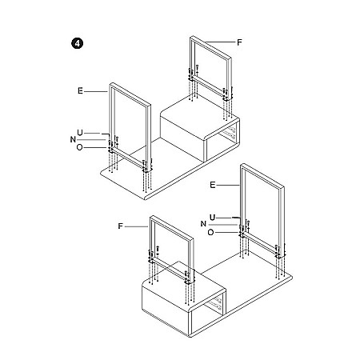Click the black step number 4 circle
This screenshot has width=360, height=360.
pos(77,43)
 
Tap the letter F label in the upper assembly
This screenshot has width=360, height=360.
pos(239,42)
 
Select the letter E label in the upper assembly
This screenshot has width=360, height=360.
pos(80,91)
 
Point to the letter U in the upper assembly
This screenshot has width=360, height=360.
pos(80,133)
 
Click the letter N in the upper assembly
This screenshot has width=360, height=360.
pos(73,139)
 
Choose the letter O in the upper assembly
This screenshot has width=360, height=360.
pos(79,147)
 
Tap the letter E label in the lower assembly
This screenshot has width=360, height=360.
pos(212,185)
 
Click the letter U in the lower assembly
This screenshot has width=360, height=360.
pos(212,218)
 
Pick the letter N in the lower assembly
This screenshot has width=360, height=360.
pos(203,224)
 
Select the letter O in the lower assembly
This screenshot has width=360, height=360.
pos(210,233)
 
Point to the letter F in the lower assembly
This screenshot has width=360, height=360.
pos(120,226)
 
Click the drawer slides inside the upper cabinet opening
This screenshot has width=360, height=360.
pos(229,133)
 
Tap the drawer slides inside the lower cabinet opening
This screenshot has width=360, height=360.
pos(215,305)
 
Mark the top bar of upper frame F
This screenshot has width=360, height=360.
pos(210,46)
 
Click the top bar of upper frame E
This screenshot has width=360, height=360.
pos(130,94)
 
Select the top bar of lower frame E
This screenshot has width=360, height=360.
pos(262,176)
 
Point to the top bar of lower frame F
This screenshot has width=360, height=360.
pos(171,226)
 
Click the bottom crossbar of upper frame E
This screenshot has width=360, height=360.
pos(128,159)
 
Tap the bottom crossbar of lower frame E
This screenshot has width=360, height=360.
pos(260,244)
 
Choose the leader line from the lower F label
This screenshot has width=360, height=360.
pos(136,226)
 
